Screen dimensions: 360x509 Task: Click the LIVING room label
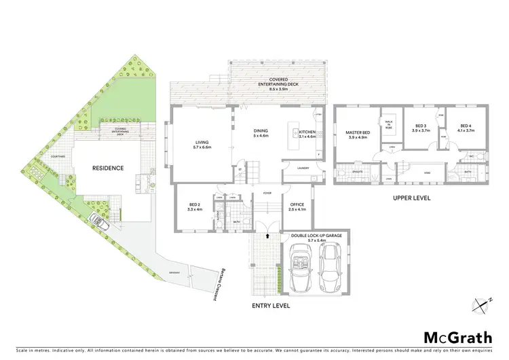[x=202, y=143]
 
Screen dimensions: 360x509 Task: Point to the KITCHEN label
[x=307, y=134]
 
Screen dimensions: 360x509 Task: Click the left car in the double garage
[x=299, y=267]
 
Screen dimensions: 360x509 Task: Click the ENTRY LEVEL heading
[x=271, y=306]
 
